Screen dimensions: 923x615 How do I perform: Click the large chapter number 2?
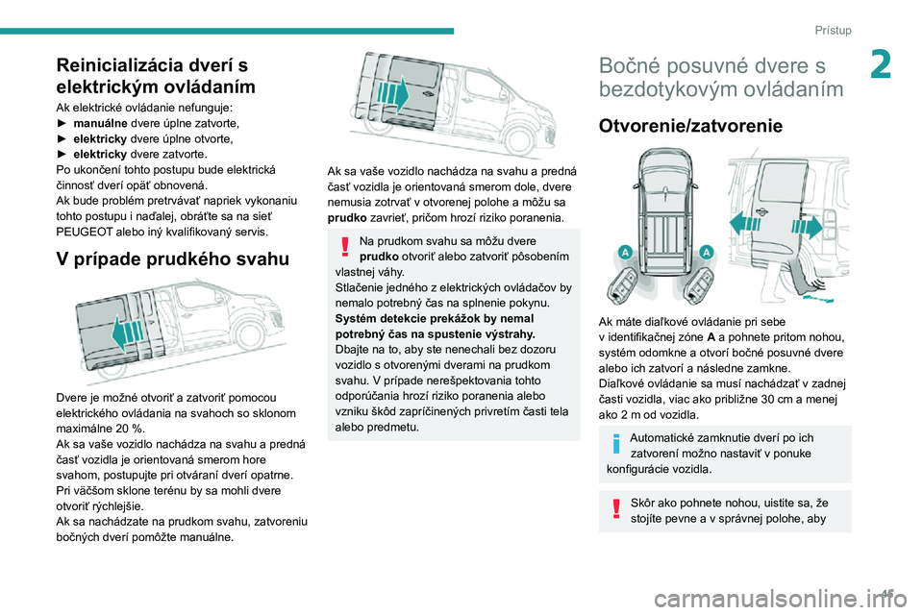point(881,64)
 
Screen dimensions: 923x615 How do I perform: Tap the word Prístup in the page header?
point(833,30)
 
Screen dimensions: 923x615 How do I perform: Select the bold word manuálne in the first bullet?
point(100,123)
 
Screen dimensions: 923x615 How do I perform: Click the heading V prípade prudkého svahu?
point(172,258)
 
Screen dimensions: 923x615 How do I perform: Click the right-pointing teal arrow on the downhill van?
point(392,93)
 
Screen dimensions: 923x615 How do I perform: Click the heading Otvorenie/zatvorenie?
point(690,126)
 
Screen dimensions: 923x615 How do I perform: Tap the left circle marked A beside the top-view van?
point(625,253)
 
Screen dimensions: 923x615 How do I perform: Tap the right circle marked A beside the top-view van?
point(707,253)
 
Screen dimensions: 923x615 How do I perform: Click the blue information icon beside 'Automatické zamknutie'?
point(616,443)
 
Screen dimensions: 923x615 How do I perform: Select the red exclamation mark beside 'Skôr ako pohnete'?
point(616,508)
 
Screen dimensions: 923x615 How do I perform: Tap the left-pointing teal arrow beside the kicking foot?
point(745,225)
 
